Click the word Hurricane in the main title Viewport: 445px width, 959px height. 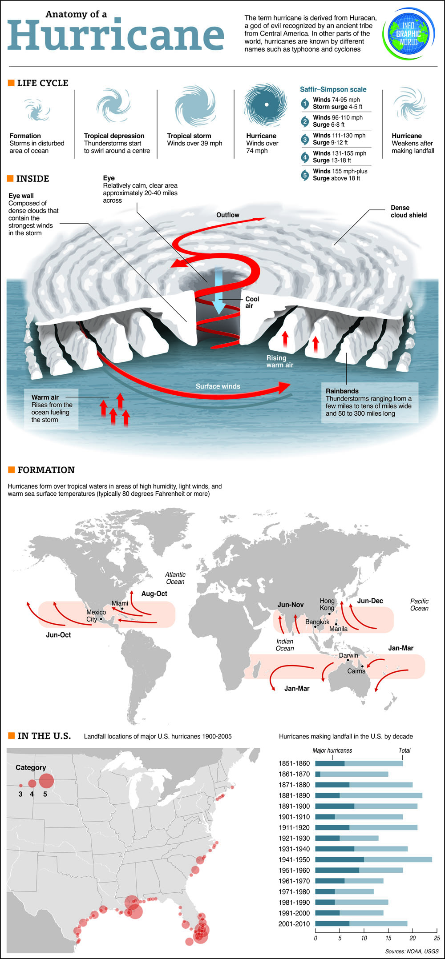[x=116, y=35]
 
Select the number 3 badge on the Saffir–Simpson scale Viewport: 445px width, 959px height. [x=305, y=139]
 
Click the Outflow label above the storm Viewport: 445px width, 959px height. [x=228, y=215]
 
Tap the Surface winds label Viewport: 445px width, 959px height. [x=218, y=386]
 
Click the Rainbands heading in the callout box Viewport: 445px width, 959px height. [x=342, y=391]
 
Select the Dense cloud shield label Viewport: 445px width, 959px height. [x=409, y=212]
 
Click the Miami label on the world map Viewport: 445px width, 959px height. [x=120, y=603]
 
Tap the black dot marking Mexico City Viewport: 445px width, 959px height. [x=101, y=619]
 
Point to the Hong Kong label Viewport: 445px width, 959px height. [x=327, y=604]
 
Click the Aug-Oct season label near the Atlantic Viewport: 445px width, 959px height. [x=154, y=594]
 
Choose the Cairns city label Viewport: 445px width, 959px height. [x=356, y=671]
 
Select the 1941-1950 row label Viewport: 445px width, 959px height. [x=294, y=859]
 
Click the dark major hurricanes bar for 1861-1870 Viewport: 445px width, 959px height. [x=318, y=774]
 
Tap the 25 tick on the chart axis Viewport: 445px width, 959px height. [x=437, y=938]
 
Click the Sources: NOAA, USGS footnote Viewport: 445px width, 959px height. [x=412, y=951]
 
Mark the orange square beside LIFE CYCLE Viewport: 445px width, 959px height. [x=11, y=83]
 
